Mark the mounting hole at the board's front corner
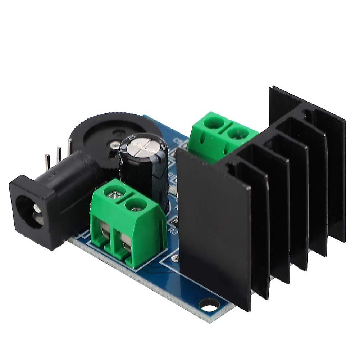tap(209, 306)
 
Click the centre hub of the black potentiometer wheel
tap(117, 134)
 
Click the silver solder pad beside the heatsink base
tap(176, 258)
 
